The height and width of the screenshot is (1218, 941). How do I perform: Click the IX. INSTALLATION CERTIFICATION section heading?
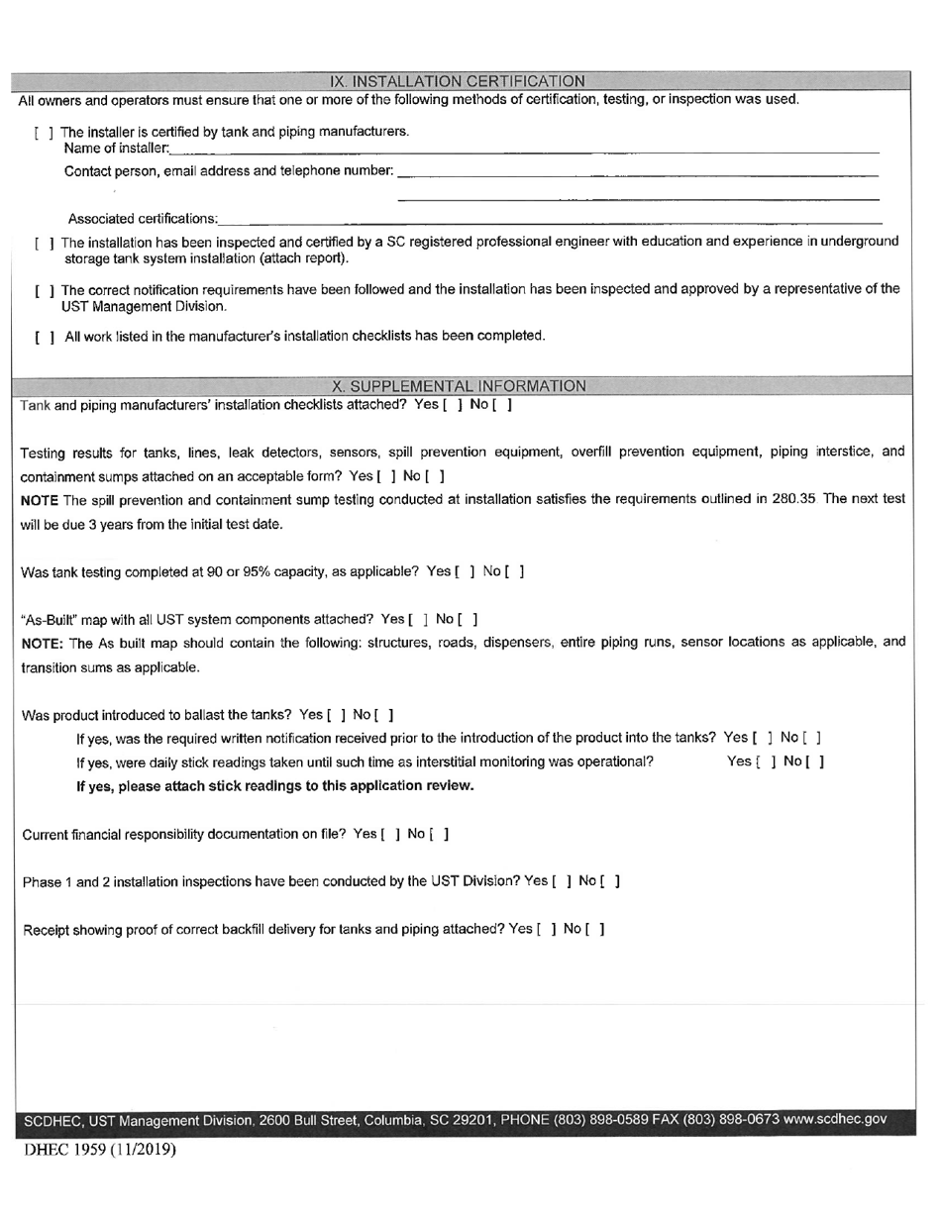tap(458, 81)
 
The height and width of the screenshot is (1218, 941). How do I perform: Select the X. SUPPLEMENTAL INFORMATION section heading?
tap(459, 386)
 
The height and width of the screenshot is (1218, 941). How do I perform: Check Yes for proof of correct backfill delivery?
tap(546, 929)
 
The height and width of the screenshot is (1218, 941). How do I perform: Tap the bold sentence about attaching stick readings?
tap(275, 786)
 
